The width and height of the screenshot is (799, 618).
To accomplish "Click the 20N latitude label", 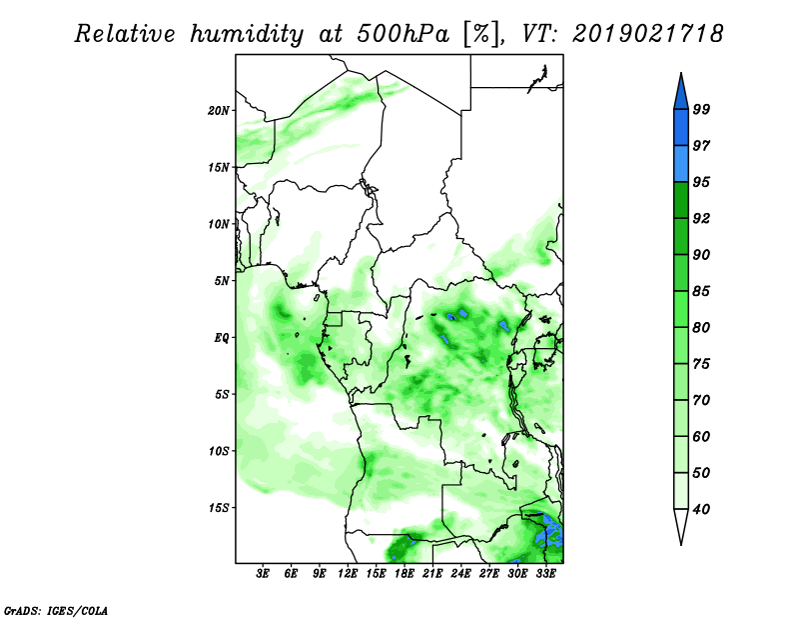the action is (219, 111).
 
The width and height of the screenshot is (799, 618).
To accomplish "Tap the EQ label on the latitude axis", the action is (221, 338).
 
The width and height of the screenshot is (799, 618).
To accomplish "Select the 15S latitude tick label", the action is (219, 508).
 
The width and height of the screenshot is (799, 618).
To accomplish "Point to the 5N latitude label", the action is (222, 281).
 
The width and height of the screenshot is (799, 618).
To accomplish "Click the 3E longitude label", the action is (263, 574).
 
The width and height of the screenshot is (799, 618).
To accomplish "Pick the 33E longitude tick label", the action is (545, 574).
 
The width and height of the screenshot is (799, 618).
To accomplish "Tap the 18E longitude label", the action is (404, 574).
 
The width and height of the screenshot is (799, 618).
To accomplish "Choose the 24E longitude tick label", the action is (460, 574).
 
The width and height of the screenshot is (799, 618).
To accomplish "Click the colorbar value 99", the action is (701, 109).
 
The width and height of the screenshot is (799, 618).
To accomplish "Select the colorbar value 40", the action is (701, 509).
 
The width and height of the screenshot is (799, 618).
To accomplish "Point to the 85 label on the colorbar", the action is (701, 291).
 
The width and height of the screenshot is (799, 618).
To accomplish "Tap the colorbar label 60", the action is (701, 436).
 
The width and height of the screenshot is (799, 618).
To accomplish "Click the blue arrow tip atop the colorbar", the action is (681, 74).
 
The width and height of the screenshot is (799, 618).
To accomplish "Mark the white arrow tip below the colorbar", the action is (681, 544).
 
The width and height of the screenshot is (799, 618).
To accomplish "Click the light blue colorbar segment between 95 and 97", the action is (681, 164).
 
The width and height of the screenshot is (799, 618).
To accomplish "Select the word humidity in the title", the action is (247, 35).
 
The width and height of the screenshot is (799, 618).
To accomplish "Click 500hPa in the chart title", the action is (403, 34).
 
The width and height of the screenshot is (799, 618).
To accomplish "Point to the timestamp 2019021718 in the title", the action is (647, 34).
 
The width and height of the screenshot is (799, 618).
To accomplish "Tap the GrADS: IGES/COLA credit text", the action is (56, 610).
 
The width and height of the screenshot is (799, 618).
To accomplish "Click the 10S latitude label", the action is (219, 451).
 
